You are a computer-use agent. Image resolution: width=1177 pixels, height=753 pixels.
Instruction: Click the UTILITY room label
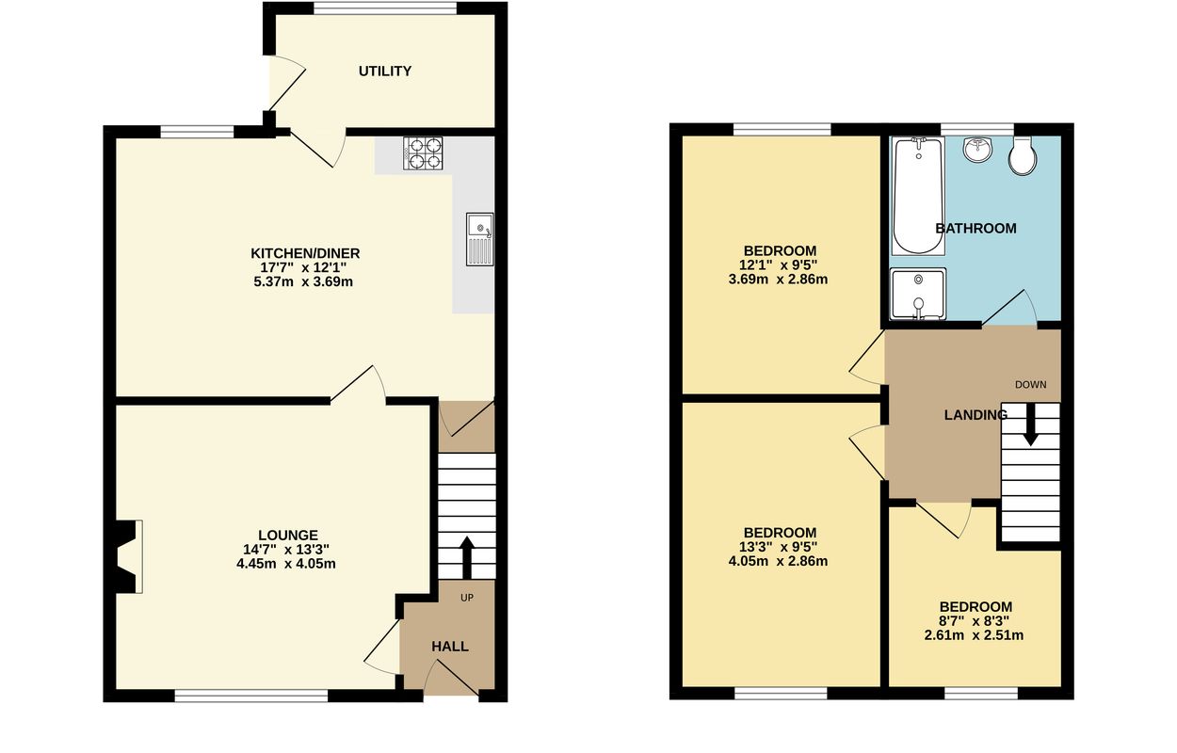384,71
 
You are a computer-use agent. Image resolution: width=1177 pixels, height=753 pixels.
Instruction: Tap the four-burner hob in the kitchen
423,153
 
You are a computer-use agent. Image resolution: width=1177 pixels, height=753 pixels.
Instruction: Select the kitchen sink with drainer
479,239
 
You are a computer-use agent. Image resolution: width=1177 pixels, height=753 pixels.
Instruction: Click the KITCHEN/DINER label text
305,253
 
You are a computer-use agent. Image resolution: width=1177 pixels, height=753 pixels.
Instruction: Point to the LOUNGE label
288,535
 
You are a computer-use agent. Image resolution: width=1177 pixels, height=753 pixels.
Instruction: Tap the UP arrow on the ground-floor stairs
467,557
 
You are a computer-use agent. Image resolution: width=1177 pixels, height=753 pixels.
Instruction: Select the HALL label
450,647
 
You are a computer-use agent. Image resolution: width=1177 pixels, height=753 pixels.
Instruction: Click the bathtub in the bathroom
918,196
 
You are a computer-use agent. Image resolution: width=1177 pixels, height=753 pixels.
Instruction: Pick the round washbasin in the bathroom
978,149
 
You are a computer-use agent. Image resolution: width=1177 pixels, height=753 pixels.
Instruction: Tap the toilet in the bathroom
1022,155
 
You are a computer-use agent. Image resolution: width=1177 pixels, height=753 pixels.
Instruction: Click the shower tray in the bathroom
918,294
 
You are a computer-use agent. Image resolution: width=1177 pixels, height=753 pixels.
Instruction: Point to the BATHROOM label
975,229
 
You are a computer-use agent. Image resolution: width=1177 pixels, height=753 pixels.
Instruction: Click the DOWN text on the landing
1030,385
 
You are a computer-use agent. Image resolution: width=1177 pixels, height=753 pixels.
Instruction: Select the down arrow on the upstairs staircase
1031,425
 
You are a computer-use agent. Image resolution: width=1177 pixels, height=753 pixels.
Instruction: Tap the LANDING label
975,415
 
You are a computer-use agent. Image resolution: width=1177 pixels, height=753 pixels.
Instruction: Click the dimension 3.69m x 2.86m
778,280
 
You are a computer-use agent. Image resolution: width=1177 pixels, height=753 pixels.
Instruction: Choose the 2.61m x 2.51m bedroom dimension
974,635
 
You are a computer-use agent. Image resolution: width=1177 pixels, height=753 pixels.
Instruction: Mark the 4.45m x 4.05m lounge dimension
286,564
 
